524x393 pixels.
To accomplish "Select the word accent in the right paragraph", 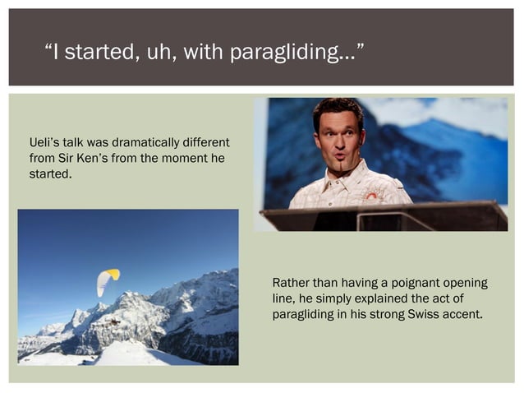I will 462,315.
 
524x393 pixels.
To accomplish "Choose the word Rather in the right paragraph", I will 292,284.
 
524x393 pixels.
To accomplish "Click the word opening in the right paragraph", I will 465,284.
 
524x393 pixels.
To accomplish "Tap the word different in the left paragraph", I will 207,143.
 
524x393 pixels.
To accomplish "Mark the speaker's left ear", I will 362,139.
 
